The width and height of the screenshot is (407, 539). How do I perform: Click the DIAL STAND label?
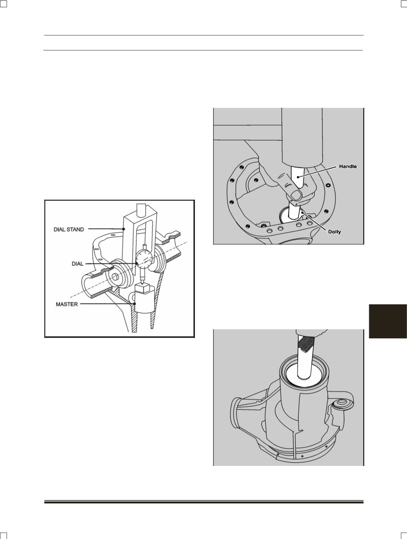pos(69,229)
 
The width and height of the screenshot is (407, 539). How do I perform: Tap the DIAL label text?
pos(77,264)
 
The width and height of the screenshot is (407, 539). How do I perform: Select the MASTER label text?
pos(67,304)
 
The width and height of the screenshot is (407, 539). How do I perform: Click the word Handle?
pos(348,167)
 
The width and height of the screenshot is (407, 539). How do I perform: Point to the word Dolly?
pos(335,231)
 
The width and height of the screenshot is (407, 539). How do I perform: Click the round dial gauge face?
pos(144,259)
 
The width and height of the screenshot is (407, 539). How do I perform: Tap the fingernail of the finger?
pos(296,195)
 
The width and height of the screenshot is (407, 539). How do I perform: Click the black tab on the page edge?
pos(388,321)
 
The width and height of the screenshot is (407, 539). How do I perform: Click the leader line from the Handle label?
pos(317,171)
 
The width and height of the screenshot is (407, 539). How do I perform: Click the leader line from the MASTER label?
pos(108,304)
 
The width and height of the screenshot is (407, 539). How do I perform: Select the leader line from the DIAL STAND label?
pos(106,229)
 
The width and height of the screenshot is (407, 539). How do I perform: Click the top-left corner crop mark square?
pos(3,3)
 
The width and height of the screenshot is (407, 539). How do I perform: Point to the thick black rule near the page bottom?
pos(204,502)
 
